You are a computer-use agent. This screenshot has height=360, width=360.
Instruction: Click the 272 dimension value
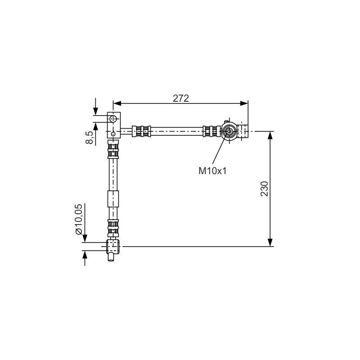point(181,98)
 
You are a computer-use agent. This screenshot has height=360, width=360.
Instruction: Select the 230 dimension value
point(264,189)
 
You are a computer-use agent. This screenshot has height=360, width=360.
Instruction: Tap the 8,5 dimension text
point(90,137)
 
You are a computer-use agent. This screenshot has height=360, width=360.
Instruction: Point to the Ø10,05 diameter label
point(78,219)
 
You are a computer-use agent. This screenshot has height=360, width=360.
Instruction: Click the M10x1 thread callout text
point(212,171)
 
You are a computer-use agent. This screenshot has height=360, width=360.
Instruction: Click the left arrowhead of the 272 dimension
point(117,103)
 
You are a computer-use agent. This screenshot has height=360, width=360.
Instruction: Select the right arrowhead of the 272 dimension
point(244,103)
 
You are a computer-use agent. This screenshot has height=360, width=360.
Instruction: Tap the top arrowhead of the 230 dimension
point(270,135)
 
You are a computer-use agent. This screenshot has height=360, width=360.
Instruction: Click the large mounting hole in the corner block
point(113,119)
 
